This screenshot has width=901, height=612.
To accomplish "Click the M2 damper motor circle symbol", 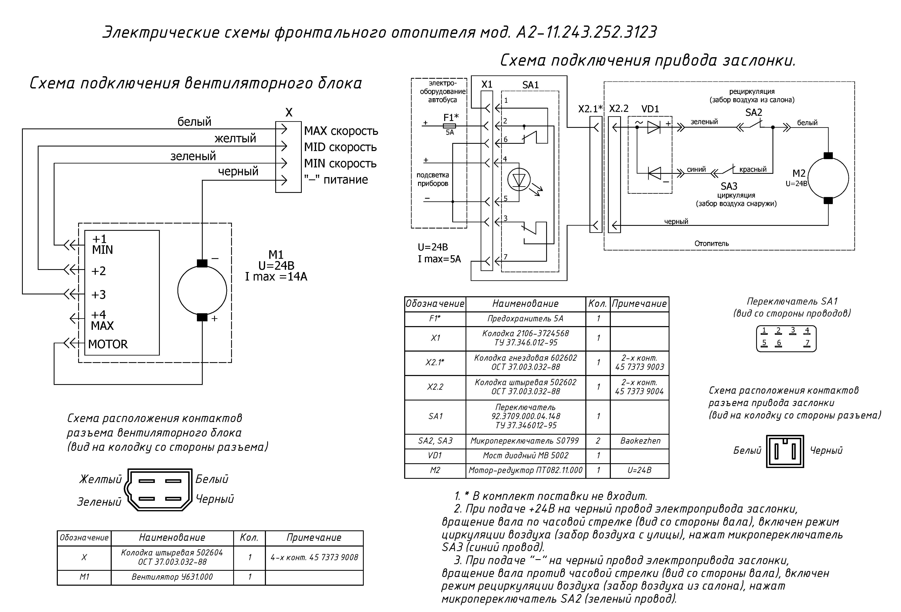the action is coord(808,178).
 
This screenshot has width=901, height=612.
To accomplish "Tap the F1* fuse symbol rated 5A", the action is coord(449,126).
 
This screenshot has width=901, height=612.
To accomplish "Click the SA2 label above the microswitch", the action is coord(754,113).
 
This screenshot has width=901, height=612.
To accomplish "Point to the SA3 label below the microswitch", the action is coord(729,186).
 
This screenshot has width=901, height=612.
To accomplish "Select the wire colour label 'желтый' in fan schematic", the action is coord(235,138).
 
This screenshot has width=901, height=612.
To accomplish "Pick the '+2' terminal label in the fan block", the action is coord(98,271).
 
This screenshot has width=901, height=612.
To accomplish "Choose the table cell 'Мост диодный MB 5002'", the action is coord(525,455).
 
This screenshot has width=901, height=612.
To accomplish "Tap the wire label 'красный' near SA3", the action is coord(753,169).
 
